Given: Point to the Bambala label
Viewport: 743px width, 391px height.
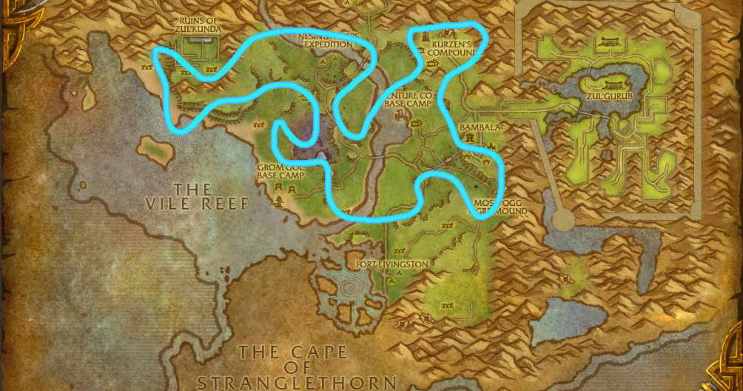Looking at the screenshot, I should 480,127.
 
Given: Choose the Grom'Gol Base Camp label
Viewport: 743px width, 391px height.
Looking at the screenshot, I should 280,172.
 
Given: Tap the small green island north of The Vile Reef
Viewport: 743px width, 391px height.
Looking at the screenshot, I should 155,147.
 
